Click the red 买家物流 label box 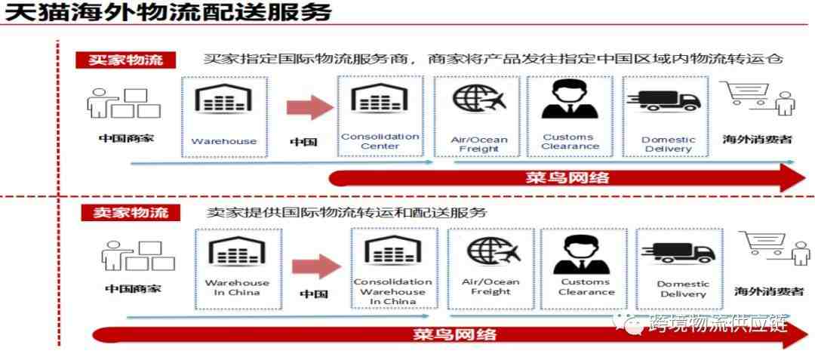126,59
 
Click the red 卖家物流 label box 131,213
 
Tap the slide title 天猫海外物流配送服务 168,13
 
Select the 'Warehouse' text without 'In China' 224,141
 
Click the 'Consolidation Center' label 380,141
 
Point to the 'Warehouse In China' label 237,288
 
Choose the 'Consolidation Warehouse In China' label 393,291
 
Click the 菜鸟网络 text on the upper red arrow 567,177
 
